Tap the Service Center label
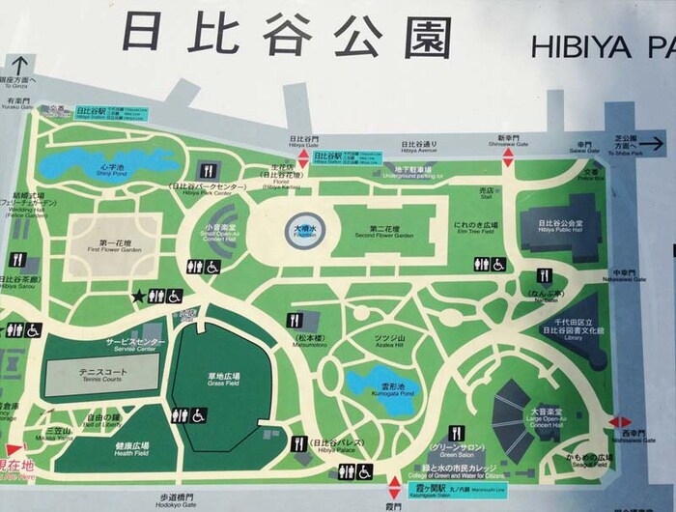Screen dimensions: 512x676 click(134, 345)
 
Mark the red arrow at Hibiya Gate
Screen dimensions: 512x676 click(300, 157)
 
